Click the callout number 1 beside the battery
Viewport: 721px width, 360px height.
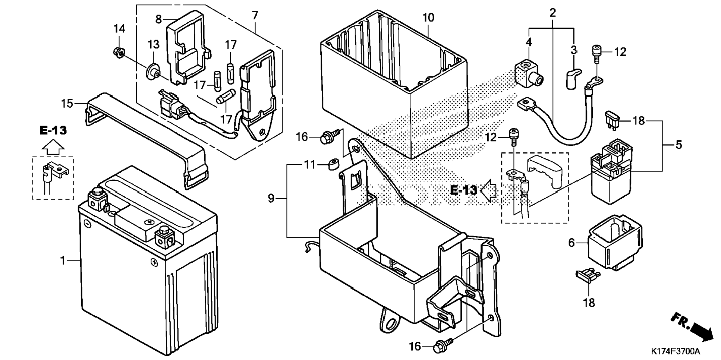pos(63,260)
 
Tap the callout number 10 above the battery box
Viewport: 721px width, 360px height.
pos(428,18)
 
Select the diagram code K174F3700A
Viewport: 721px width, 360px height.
pos(676,351)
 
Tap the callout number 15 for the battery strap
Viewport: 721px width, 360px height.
pos(67,103)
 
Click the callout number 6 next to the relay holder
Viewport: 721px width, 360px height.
pos(572,243)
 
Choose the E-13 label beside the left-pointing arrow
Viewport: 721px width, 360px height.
pos(463,190)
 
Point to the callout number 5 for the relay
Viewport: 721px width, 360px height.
pos(679,145)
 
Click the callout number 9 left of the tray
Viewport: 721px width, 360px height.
pos(271,199)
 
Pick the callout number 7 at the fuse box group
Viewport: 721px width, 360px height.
pos(255,16)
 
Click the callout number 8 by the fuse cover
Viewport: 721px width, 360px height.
pos(158,19)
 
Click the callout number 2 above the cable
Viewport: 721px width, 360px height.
pos(552,13)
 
